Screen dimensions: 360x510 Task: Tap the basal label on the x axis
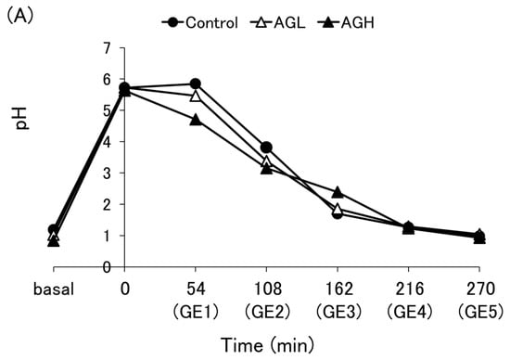point(53,288)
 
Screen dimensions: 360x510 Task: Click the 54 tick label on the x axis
point(195,288)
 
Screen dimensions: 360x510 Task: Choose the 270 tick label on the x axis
point(479,288)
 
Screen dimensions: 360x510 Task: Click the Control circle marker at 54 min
point(195,84)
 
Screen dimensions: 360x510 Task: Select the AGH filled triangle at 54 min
point(195,120)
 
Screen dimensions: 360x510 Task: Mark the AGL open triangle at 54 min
point(195,96)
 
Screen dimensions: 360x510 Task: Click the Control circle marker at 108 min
point(266,148)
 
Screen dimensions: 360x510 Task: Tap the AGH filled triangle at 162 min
point(337,192)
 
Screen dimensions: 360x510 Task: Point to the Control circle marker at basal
point(53,229)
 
